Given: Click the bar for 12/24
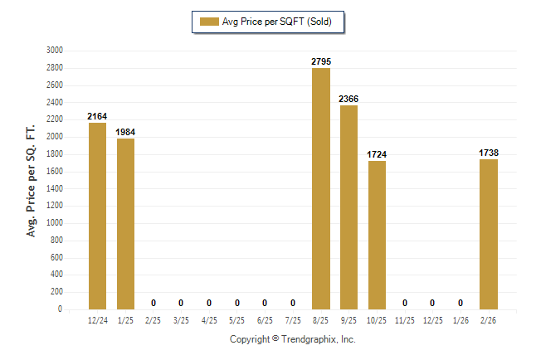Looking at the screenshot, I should coord(97,216).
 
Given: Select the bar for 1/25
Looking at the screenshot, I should coord(125,224).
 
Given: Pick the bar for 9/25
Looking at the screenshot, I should coord(348,207).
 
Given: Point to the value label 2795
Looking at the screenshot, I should coord(321,61).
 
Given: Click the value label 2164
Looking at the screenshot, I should coord(97,116).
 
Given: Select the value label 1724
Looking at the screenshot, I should coord(377,154).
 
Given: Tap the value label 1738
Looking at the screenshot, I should coord(489,153).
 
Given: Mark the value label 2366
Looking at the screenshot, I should coord(348,99).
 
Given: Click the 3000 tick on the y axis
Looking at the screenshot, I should coord(55,50).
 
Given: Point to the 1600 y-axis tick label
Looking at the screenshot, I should coord(55,171).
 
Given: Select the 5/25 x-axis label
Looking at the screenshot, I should coord(237,319).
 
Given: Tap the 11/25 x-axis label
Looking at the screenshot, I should coord(405,319).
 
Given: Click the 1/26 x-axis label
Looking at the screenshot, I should coord(460,319).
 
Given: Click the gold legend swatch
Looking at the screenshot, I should coord(208,22).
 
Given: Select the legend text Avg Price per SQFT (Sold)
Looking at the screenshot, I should coord(277,22).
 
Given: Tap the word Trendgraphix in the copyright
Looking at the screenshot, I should coord(307,339).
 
